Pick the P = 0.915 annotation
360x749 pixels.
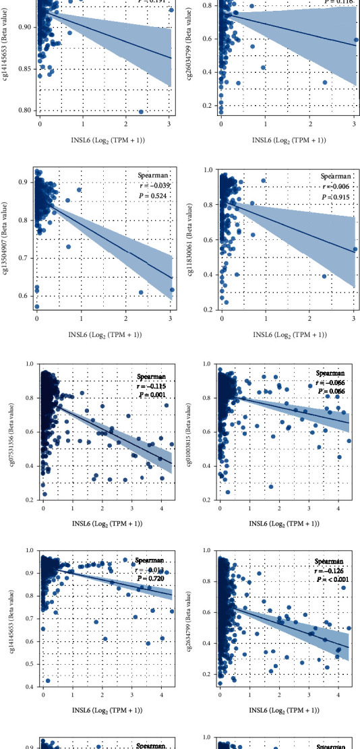click(330, 196)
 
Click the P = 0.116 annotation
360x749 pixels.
click(330, 2)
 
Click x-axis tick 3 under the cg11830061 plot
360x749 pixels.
click(353, 318)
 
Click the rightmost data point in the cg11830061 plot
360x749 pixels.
click(355, 248)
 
